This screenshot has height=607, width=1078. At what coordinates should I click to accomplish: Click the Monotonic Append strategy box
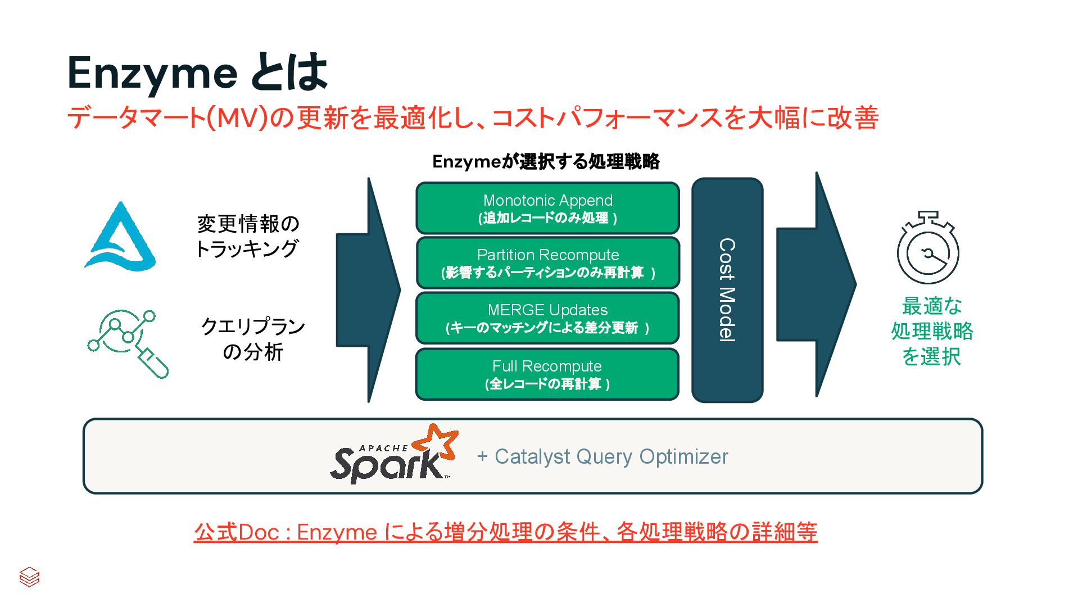547,208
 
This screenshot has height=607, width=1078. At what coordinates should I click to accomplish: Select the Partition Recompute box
547,263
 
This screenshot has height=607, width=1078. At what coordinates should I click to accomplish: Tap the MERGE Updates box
547,318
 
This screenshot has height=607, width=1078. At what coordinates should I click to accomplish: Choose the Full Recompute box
547,374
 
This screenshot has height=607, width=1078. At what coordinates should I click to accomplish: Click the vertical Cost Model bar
727,290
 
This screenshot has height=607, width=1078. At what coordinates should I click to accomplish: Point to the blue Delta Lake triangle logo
120,238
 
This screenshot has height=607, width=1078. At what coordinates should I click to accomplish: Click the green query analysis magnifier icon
128,343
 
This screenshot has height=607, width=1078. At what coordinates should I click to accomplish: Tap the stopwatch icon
927,248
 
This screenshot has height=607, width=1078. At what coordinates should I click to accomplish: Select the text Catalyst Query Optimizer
610,456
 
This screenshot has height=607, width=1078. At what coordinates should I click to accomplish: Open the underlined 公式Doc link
505,532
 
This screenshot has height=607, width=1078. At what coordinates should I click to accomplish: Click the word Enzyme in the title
152,73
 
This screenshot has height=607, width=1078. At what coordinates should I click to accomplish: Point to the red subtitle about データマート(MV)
472,118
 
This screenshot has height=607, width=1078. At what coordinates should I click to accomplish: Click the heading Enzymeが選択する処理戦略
546,162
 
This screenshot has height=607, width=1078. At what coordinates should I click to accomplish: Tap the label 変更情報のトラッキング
248,236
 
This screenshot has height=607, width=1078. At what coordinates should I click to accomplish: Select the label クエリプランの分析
253,339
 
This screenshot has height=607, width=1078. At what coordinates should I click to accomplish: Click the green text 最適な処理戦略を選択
932,331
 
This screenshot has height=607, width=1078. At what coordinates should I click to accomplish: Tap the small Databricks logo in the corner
29,577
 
